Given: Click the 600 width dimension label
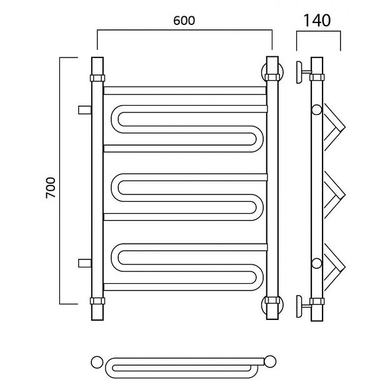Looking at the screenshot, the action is tap(184, 21).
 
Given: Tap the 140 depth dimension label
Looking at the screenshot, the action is tap(317, 21).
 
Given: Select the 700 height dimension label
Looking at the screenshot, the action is tap(51, 187).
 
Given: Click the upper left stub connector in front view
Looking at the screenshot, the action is tap(85, 110).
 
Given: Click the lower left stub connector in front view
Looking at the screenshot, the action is tap(85, 263).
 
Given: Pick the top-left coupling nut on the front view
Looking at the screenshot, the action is tap(97, 78).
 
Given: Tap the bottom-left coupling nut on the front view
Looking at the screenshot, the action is tap(97, 301).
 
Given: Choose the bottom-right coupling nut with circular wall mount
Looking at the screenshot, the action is tap(272, 305).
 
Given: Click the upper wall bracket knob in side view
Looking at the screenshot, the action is tap(299, 72).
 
